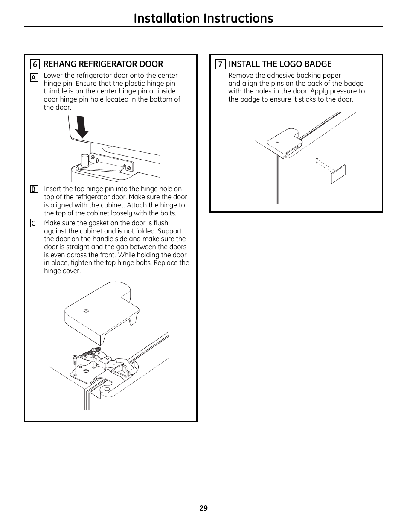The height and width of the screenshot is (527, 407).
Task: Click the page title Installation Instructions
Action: point(203,18)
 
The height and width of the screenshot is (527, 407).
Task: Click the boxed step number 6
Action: point(35,64)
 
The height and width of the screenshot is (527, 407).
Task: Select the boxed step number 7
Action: point(220,64)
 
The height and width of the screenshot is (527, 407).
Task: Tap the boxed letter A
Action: point(34,77)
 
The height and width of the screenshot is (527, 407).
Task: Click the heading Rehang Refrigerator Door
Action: point(103,64)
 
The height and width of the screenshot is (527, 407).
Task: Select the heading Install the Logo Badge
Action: point(280,64)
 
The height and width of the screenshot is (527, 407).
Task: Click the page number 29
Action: point(203,508)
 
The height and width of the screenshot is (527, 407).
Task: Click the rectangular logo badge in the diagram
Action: point(338,174)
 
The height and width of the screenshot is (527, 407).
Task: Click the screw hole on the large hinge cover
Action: point(86,312)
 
